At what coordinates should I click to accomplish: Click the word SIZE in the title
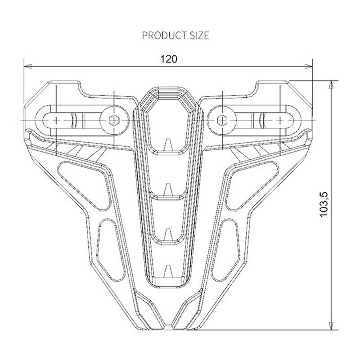(199, 36)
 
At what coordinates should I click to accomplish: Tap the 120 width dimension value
(169, 59)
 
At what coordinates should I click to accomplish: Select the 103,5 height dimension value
(324, 204)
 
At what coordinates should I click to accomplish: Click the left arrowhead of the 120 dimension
(28, 66)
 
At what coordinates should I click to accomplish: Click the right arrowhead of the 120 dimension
(308, 67)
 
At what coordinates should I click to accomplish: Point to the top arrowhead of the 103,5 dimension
(331, 85)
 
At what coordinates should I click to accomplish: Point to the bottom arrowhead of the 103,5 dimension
(331, 326)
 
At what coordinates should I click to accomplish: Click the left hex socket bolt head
(114, 120)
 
